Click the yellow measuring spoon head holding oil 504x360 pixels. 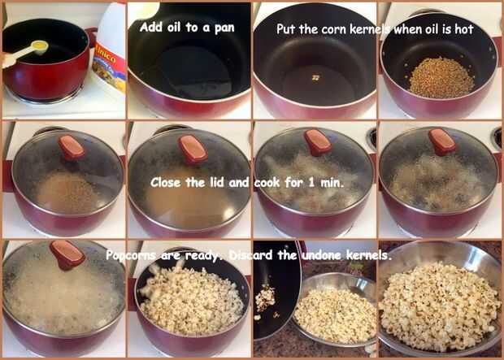(40, 47)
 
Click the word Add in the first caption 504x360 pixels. (150, 27)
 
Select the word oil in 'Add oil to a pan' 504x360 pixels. (174, 28)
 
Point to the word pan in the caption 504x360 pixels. (224, 29)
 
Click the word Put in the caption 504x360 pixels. (285, 29)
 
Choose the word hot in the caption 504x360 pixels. (464, 29)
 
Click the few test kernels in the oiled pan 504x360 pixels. (316, 77)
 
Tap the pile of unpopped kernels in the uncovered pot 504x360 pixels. (441, 78)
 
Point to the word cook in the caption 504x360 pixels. (267, 183)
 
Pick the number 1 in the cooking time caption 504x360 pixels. (311, 183)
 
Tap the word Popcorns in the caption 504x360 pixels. (131, 256)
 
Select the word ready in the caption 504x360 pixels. (202, 256)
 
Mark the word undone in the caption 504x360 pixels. (321, 255)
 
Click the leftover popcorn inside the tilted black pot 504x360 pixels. (266, 299)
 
